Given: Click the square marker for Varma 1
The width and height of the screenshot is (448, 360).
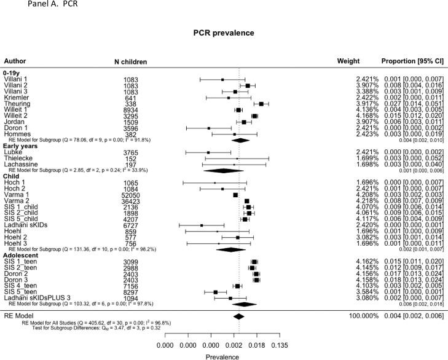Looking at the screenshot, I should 235,195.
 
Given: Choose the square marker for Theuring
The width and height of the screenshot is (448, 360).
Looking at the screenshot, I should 261,104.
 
